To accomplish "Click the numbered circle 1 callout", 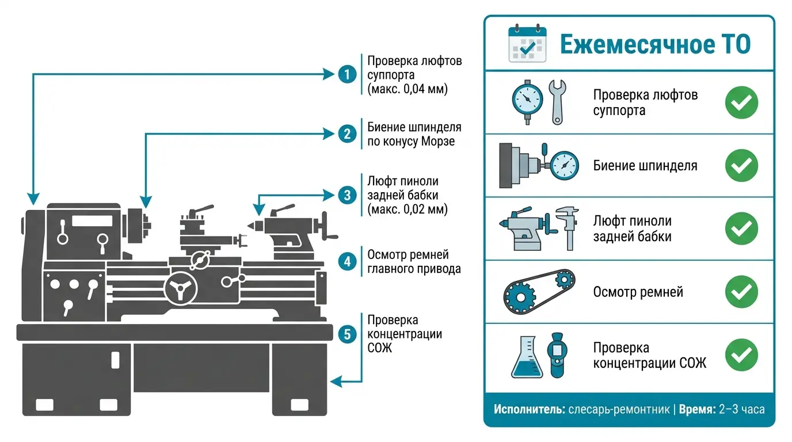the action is point(347,74).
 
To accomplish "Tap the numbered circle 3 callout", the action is point(347,195).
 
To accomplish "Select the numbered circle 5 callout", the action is point(347,334).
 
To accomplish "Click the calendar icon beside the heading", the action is point(527,44).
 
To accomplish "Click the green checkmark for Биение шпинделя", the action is point(741,166).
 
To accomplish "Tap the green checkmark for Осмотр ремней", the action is point(741,292).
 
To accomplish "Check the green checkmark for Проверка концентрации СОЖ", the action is point(741,355).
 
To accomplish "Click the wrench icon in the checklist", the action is point(558,102).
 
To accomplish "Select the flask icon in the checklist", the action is point(527,357).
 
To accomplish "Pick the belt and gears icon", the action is point(539,291).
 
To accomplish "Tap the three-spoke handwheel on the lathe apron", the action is point(181,288).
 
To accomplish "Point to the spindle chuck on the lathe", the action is point(139,226).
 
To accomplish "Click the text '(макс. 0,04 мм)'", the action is point(408,89).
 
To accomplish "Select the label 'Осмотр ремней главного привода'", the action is point(414,262).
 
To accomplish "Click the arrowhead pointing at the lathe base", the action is point(336,382).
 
